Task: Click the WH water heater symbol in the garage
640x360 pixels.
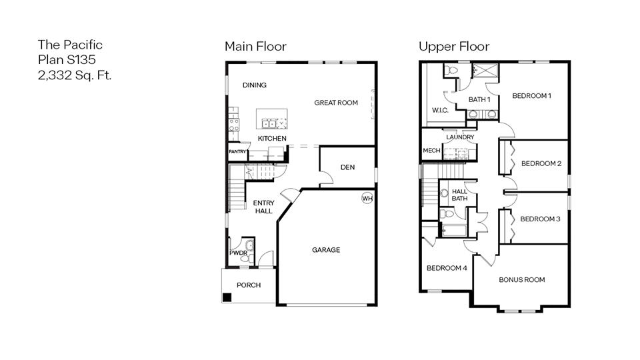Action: (367, 198)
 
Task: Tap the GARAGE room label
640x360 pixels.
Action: (326, 250)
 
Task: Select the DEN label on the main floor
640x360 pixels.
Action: (347, 167)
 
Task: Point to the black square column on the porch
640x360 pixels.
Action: (227, 297)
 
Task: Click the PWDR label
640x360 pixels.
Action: (238, 253)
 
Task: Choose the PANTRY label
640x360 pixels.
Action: (237, 152)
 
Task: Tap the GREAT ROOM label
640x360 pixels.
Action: (336, 103)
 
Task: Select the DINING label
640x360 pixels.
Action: (254, 85)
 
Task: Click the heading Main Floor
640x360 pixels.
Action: (255, 47)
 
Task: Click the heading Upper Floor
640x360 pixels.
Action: (453, 47)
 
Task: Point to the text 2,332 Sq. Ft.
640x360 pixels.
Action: (75, 75)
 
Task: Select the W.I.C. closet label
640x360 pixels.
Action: (439, 110)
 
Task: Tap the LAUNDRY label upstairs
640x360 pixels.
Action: (460, 137)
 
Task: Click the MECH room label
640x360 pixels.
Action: (431, 151)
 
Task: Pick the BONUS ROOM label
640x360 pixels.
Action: (521, 280)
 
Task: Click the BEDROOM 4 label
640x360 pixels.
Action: (447, 268)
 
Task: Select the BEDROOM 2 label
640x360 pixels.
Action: (541, 163)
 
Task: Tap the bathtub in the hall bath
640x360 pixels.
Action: (454, 231)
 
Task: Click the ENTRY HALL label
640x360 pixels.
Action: (263, 207)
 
